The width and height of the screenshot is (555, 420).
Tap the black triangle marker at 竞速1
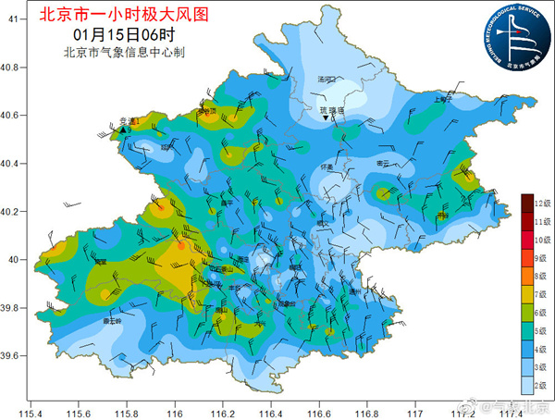(120, 130)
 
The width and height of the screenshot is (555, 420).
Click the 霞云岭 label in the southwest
(112, 321)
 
